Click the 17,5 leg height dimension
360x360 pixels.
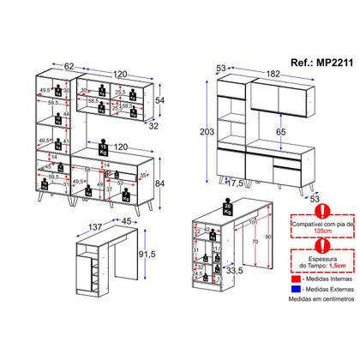pyautogui.click(x=237, y=182)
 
